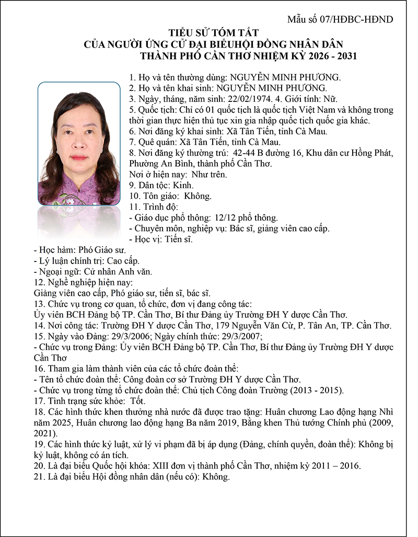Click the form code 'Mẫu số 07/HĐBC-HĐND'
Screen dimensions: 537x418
[x=340, y=20]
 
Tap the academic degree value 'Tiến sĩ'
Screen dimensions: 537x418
[x=179, y=239]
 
